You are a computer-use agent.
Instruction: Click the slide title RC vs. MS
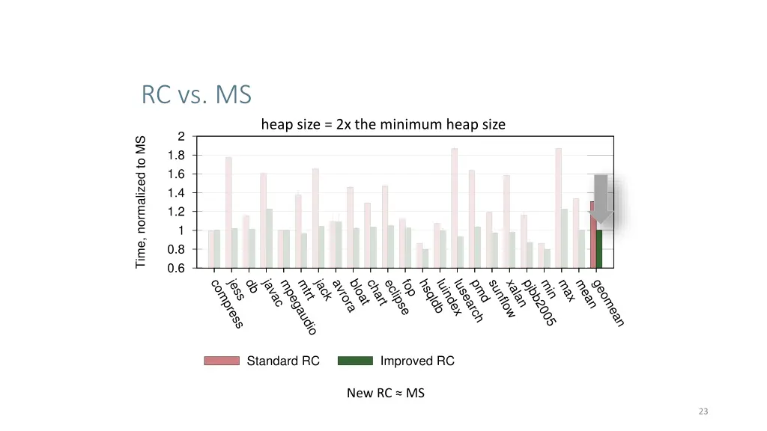coord(196,96)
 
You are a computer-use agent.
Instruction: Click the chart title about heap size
coord(383,125)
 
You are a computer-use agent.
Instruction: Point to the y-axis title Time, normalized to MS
coord(141,202)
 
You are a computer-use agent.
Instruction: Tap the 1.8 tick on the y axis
coord(176,156)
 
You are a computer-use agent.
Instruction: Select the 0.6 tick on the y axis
coord(176,268)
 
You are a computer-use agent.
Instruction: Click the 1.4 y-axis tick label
coord(176,193)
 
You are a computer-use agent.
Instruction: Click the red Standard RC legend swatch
coord(222,361)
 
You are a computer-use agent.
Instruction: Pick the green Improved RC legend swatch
coord(355,361)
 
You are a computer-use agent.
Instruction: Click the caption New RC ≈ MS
coord(385,393)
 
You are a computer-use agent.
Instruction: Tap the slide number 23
coord(703,412)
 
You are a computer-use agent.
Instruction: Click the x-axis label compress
coord(226,303)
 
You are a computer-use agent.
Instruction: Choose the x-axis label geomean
coord(607,303)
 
